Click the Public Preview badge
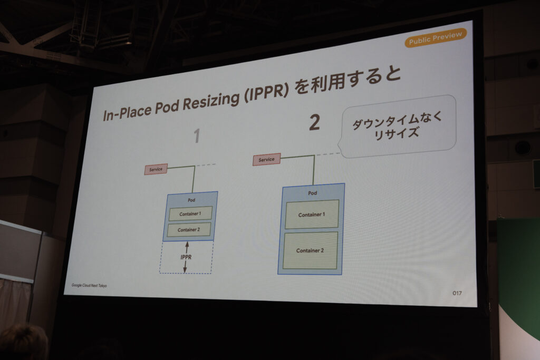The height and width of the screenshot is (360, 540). pyautogui.click(x=436, y=38)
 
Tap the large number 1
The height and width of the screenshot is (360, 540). pyautogui.click(x=197, y=135)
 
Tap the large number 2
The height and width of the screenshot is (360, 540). pyautogui.click(x=314, y=122)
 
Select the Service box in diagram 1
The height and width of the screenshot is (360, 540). pyautogui.click(x=156, y=169)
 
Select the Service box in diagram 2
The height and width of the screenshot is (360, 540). pyautogui.click(x=266, y=159)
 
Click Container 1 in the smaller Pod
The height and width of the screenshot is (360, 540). pyautogui.click(x=190, y=213)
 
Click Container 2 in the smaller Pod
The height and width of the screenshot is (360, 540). pyautogui.click(x=189, y=230)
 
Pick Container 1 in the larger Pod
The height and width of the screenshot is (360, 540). pyautogui.click(x=312, y=215)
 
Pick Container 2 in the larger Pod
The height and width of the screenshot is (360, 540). pyautogui.click(x=310, y=250)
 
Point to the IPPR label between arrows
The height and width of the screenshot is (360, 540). pyautogui.click(x=186, y=257)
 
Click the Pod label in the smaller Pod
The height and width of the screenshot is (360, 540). pyautogui.click(x=191, y=200)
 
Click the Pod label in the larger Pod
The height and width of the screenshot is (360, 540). pyautogui.click(x=312, y=193)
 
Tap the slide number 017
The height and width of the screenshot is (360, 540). pyautogui.click(x=457, y=293)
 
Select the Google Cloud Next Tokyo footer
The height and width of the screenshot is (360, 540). pyautogui.click(x=89, y=285)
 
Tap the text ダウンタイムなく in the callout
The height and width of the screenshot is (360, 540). pyautogui.click(x=397, y=120)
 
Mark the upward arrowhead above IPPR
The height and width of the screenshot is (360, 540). pyautogui.click(x=187, y=244)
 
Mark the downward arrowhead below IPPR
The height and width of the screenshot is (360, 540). pyautogui.click(x=185, y=270)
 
